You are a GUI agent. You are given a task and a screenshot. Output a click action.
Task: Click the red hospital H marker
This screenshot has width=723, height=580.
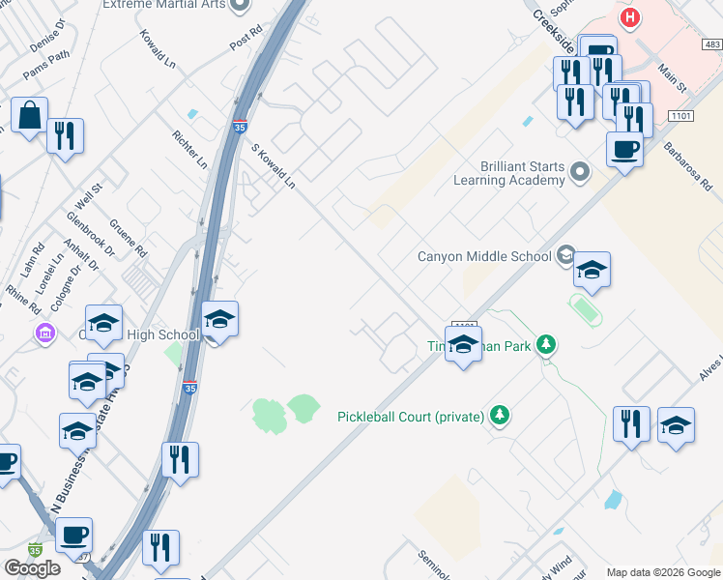(630, 17)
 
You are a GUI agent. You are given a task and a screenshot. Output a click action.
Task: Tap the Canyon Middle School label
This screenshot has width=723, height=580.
(483, 256)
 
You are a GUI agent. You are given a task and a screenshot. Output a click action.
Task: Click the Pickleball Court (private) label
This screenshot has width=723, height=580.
(410, 417)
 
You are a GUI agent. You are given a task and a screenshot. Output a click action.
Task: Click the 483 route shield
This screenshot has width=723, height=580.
(712, 44)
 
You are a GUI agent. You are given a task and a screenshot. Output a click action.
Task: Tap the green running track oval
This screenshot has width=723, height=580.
(585, 310)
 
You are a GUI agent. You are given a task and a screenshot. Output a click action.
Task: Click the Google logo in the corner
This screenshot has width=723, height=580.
(33, 568)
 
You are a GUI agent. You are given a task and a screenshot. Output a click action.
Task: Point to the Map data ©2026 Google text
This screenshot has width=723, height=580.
(663, 572)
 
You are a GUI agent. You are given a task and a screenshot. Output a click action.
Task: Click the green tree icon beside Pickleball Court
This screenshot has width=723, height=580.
(499, 416)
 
